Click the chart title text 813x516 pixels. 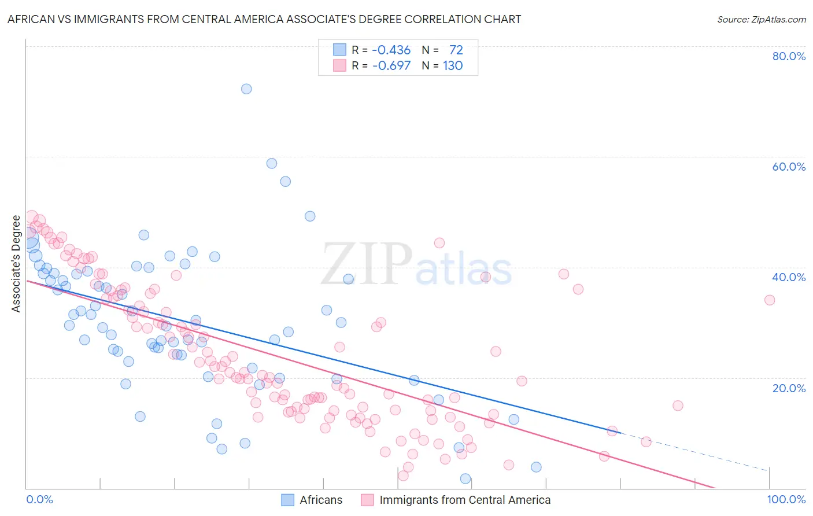coord(264,20)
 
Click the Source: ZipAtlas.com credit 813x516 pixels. coord(761,20)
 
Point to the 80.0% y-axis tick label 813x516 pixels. coord(789,56)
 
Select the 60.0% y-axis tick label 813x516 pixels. coord(789,167)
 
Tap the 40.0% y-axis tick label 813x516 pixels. coord(789,277)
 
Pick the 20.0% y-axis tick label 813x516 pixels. coord(789,388)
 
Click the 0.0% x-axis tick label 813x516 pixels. coord(40,500)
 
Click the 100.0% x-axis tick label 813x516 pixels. coord(786,500)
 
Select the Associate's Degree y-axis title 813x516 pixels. coord(16,264)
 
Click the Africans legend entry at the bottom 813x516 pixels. coord(321,500)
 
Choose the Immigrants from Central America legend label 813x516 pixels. coord(464,500)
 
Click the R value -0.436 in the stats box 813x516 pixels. coord(391,50)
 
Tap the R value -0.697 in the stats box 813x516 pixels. coord(391,65)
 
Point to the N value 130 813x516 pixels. coord(453,65)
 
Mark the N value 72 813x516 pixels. coord(456,50)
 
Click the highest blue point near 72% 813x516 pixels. coord(246,89)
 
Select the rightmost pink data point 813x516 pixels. coord(770,300)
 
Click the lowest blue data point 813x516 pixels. coord(465,478)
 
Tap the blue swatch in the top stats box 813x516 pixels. coord(339,50)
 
